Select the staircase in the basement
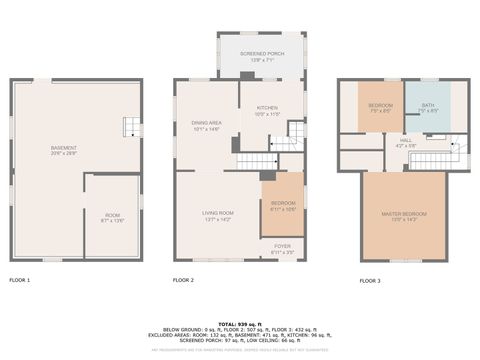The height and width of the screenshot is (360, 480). click(131, 127)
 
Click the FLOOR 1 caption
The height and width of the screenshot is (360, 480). click(20, 280)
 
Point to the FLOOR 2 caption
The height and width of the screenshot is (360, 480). click(183, 280)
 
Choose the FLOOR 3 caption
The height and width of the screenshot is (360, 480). click(371, 280)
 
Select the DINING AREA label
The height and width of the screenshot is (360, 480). click(205, 123)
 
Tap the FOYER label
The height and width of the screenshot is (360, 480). click(282, 247)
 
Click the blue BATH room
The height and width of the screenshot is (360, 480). click(427, 107)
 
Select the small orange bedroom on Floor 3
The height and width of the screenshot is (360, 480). click(380, 107)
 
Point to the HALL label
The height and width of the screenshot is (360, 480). click(405, 141)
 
